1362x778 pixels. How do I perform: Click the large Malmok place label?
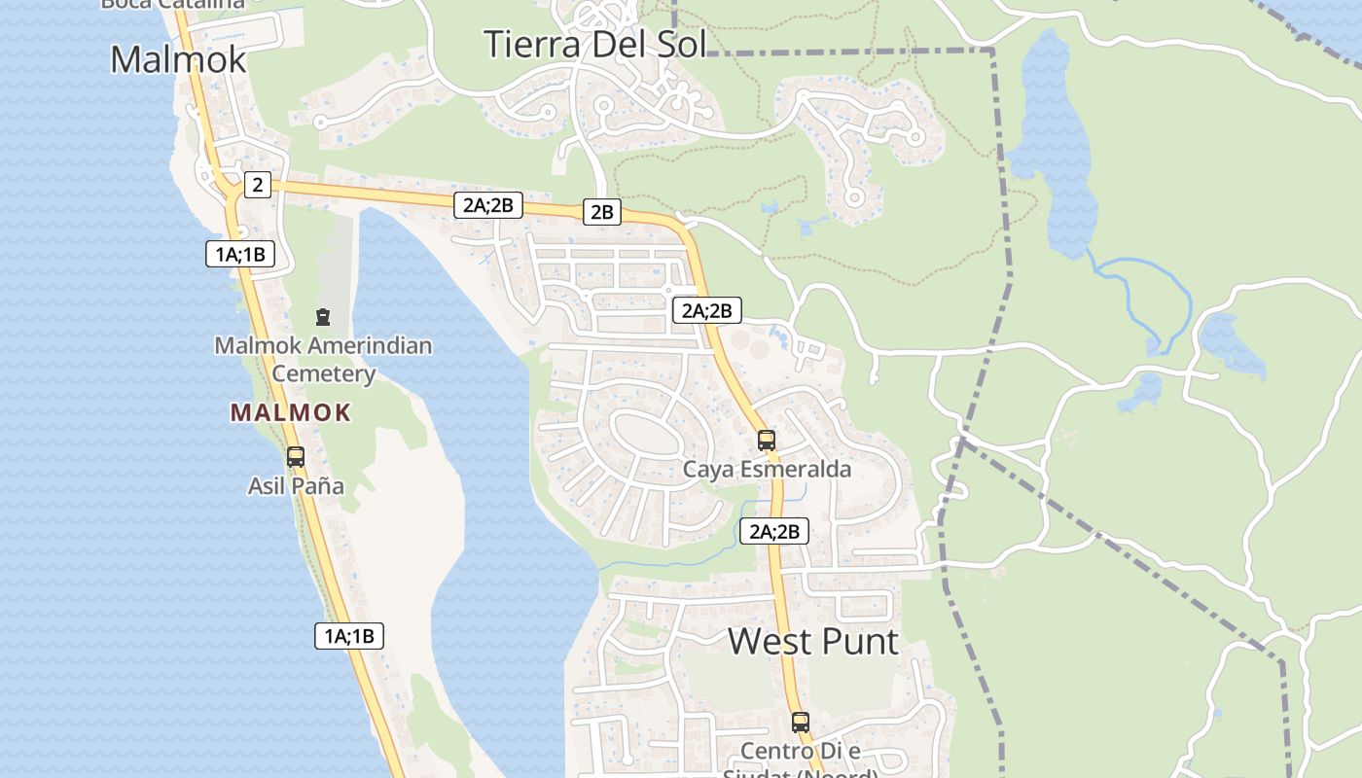pos(178,59)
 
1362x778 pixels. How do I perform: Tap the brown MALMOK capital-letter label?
pos(290,412)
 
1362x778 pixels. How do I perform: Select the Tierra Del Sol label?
pos(593,44)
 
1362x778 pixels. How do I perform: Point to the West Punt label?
pos(813,641)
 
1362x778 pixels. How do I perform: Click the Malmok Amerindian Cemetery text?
pos(323,359)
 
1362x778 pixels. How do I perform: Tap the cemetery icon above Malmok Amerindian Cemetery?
pos(323,316)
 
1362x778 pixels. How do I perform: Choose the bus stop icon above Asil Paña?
pos(296,456)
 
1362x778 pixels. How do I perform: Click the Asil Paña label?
pos(296,485)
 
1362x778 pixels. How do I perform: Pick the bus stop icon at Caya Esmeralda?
pos(767,440)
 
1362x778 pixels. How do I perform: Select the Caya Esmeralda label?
pos(767,470)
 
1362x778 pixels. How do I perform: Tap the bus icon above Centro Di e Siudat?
pos(800,723)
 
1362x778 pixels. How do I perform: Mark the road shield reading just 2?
pos(257,185)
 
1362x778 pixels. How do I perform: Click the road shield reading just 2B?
pos(602,211)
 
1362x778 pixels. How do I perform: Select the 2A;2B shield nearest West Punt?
pos(773,531)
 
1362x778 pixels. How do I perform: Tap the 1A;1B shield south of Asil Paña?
pos(349,636)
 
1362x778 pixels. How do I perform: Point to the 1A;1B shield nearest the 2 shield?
pos(240,255)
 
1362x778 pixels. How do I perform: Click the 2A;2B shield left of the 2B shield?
pos(488,204)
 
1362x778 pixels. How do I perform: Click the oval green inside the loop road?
pos(647,433)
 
